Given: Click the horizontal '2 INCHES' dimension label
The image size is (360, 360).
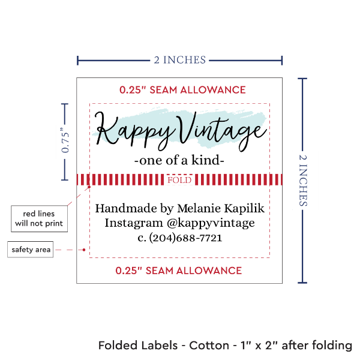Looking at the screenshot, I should (x=179, y=59).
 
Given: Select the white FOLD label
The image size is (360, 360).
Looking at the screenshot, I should (x=179, y=180).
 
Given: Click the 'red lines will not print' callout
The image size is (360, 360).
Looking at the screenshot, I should (x=38, y=219).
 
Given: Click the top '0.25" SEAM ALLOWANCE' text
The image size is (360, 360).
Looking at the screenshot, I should (x=182, y=90).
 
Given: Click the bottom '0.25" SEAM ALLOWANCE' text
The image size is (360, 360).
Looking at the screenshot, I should (x=179, y=270).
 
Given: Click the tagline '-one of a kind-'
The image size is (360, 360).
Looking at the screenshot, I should (x=179, y=161).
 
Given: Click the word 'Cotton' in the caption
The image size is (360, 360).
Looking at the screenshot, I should (x=209, y=346).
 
